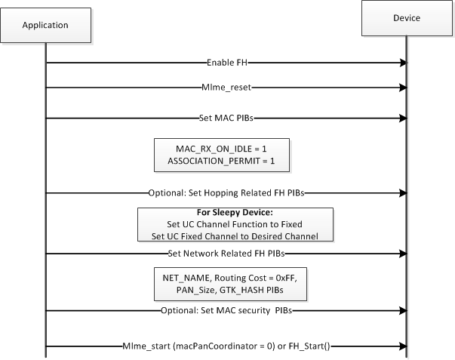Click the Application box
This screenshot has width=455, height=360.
pyautogui.click(x=45, y=25)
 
